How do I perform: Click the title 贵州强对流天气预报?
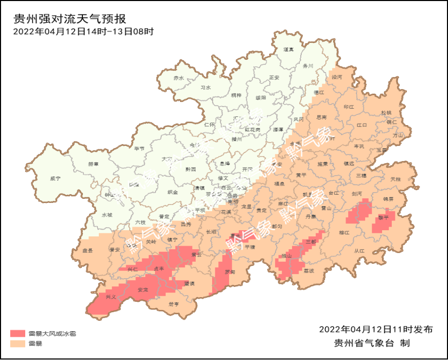click(70, 19)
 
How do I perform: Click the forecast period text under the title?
click(83, 31)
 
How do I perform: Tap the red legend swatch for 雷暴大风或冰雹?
click(18, 334)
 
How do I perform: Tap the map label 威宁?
click(55, 178)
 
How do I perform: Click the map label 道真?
click(288, 50)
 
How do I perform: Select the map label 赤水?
click(179, 78)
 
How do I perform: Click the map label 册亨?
click(174, 304)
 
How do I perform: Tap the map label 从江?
click(359, 251)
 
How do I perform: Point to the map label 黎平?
click(383, 218)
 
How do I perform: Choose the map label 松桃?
click(386, 112)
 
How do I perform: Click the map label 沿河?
click(336, 76)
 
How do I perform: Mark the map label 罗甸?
click(230, 271)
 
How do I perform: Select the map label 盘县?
click(88, 250)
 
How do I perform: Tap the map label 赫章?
click(93, 164)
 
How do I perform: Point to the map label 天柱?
click(395, 179)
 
